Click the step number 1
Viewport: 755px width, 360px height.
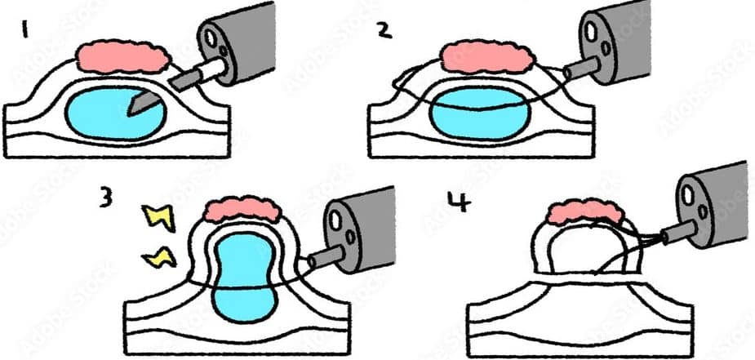coord(24,31)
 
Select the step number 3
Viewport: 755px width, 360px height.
coord(106,197)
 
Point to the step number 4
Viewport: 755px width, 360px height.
coord(460,202)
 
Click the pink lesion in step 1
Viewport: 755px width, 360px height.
coord(124,57)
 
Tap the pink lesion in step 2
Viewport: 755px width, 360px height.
coord(488,57)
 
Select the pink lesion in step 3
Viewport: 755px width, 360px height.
coord(242,210)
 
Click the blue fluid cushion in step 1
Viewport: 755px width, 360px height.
coord(116,113)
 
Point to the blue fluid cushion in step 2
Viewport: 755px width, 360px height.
coord(480,114)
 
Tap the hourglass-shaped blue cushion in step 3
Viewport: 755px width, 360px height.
coord(244,278)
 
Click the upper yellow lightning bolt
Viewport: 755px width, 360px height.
coord(158,216)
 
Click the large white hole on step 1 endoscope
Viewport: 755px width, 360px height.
coord(211,38)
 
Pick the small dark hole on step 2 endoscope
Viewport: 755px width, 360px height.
coord(606,47)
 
